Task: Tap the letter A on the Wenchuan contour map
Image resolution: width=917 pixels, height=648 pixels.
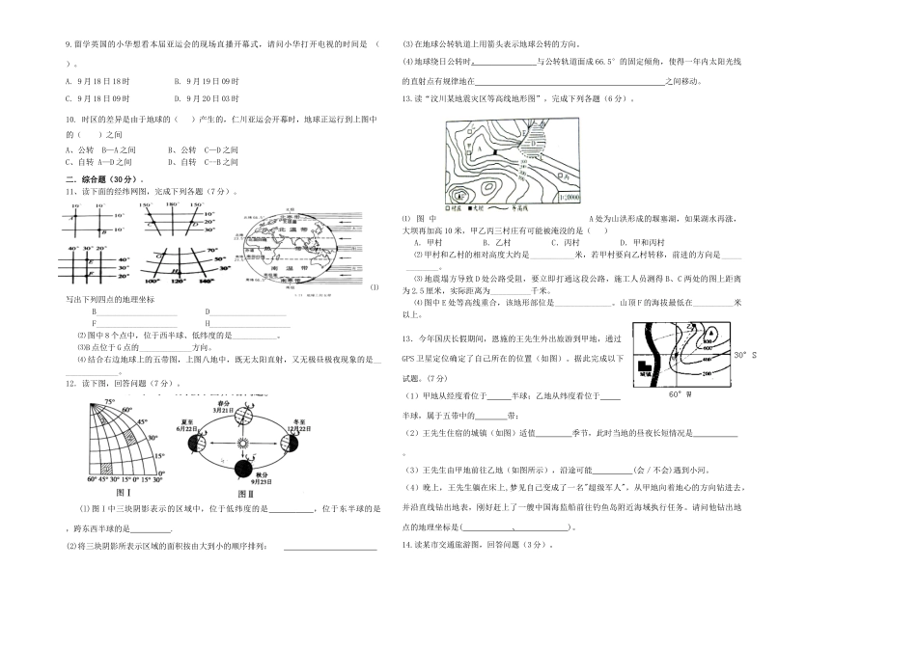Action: tap(478, 148)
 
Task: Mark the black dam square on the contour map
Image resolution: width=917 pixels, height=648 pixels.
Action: tap(493, 151)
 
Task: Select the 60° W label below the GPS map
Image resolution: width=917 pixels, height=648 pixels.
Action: tap(680, 393)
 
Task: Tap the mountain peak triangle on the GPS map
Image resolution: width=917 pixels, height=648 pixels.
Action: tap(709, 337)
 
